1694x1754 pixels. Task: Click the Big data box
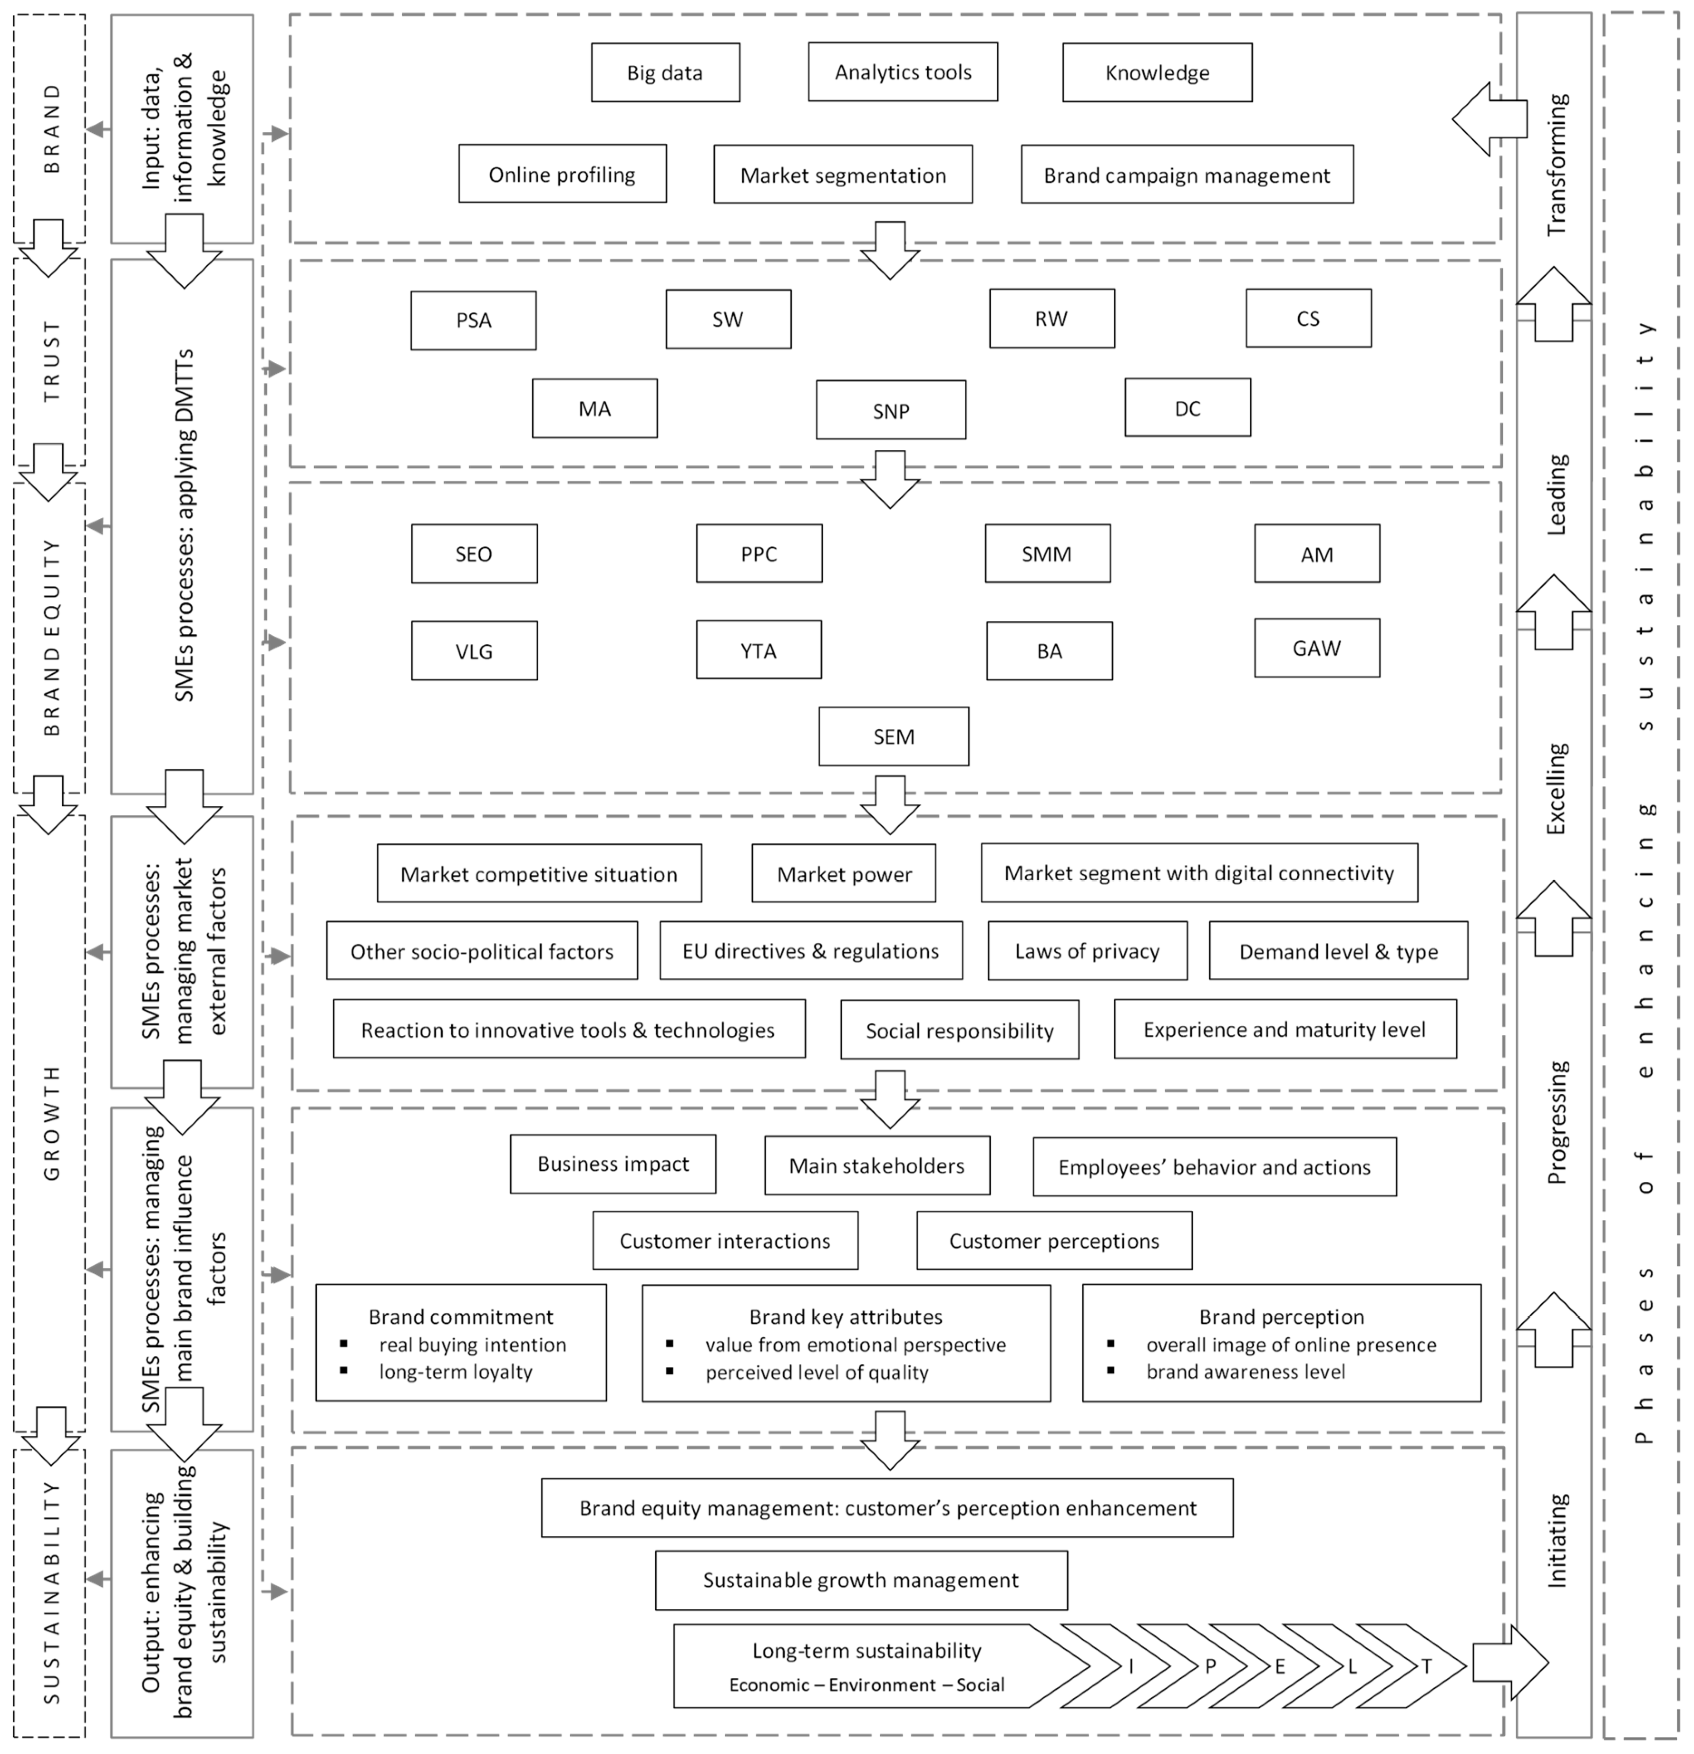coord(665,73)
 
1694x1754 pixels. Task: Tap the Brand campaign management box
coord(1187,175)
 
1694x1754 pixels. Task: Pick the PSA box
coord(473,321)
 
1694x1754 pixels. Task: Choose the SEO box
coord(474,554)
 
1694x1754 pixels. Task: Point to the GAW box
coord(1316,648)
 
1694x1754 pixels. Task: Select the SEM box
coord(893,736)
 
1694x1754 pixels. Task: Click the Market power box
coord(844,873)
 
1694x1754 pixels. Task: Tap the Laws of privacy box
coord(1087,950)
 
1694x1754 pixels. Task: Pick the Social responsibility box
coord(959,1030)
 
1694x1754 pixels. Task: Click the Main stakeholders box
coord(877,1165)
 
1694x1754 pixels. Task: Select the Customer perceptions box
coord(1054,1240)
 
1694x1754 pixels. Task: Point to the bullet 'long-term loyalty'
coord(456,1372)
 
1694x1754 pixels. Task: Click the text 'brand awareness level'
coord(1246,1372)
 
